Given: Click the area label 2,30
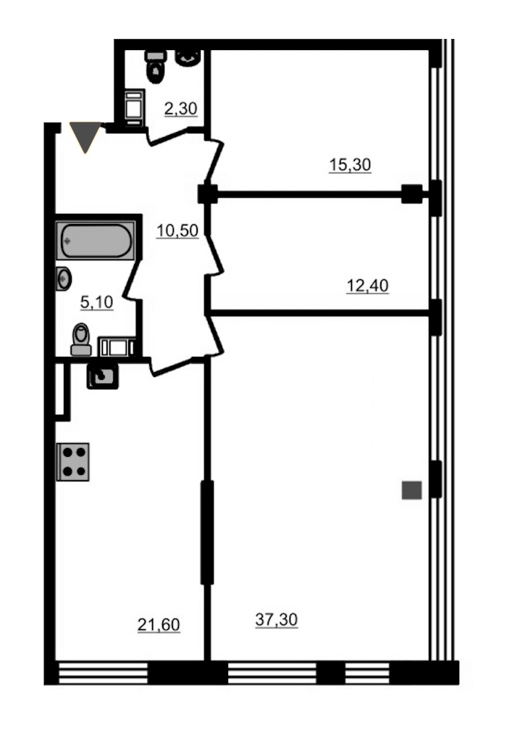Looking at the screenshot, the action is (x=180, y=109).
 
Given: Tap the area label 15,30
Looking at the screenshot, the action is (x=350, y=165).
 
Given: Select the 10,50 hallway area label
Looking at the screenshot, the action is (x=177, y=231).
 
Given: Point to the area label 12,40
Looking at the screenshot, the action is (x=367, y=285).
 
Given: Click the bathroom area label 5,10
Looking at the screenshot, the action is (x=96, y=302).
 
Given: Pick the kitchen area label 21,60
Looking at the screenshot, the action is (x=159, y=624).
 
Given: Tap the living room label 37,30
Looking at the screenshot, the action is (x=277, y=619).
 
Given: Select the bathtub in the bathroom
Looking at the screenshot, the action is (x=96, y=240).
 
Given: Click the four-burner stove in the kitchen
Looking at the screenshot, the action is (x=73, y=462).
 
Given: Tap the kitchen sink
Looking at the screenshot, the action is (x=102, y=376).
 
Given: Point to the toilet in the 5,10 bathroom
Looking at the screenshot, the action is (x=81, y=339).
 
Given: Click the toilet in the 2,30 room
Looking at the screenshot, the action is (x=156, y=67).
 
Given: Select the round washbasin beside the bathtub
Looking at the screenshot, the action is (x=63, y=278).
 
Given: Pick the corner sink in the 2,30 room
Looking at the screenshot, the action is (x=188, y=57).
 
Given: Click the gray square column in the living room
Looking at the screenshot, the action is (x=412, y=490).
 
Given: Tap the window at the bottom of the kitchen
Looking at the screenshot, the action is (x=103, y=673).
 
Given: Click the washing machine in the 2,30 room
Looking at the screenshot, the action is (x=135, y=107).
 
